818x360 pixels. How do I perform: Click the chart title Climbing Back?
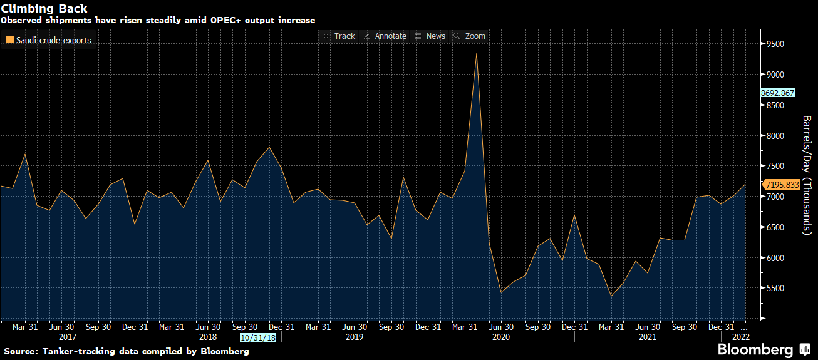pos(44,9)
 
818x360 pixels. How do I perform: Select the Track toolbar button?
pos(338,36)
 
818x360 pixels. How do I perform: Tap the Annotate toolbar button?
pos(385,36)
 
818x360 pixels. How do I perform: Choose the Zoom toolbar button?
pos(469,36)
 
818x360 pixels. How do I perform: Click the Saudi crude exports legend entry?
pos(49,41)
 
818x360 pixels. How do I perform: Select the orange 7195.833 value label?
pos(782,185)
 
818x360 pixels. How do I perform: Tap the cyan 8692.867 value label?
pos(777,93)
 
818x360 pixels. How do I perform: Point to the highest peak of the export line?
pos(477,53)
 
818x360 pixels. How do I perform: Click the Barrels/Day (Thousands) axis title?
pos(807,175)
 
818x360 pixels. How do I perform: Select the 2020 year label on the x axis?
pos(501,337)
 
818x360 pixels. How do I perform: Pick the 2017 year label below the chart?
pos(66,337)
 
